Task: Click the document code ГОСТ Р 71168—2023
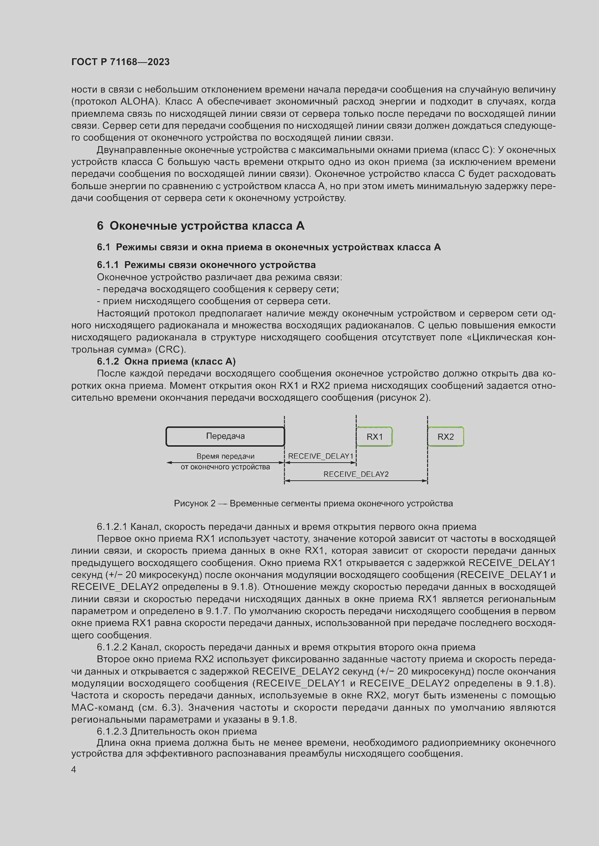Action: [x=120, y=62]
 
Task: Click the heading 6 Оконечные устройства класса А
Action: [x=201, y=226]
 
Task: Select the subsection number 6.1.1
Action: [x=108, y=265]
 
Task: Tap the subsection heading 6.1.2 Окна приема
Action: [x=166, y=361]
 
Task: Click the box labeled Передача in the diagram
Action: [x=225, y=436]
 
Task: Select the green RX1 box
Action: [x=374, y=437]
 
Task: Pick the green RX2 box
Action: [x=445, y=437]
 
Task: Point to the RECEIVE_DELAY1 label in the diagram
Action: [x=321, y=456]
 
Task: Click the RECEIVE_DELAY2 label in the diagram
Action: [x=356, y=474]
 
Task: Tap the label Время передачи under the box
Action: [x=225, y=456]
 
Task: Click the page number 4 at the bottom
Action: [x=74, y=770]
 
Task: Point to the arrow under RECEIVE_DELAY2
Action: [x=356, y=481]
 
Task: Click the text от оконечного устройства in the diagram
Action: [x=225, y=467]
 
